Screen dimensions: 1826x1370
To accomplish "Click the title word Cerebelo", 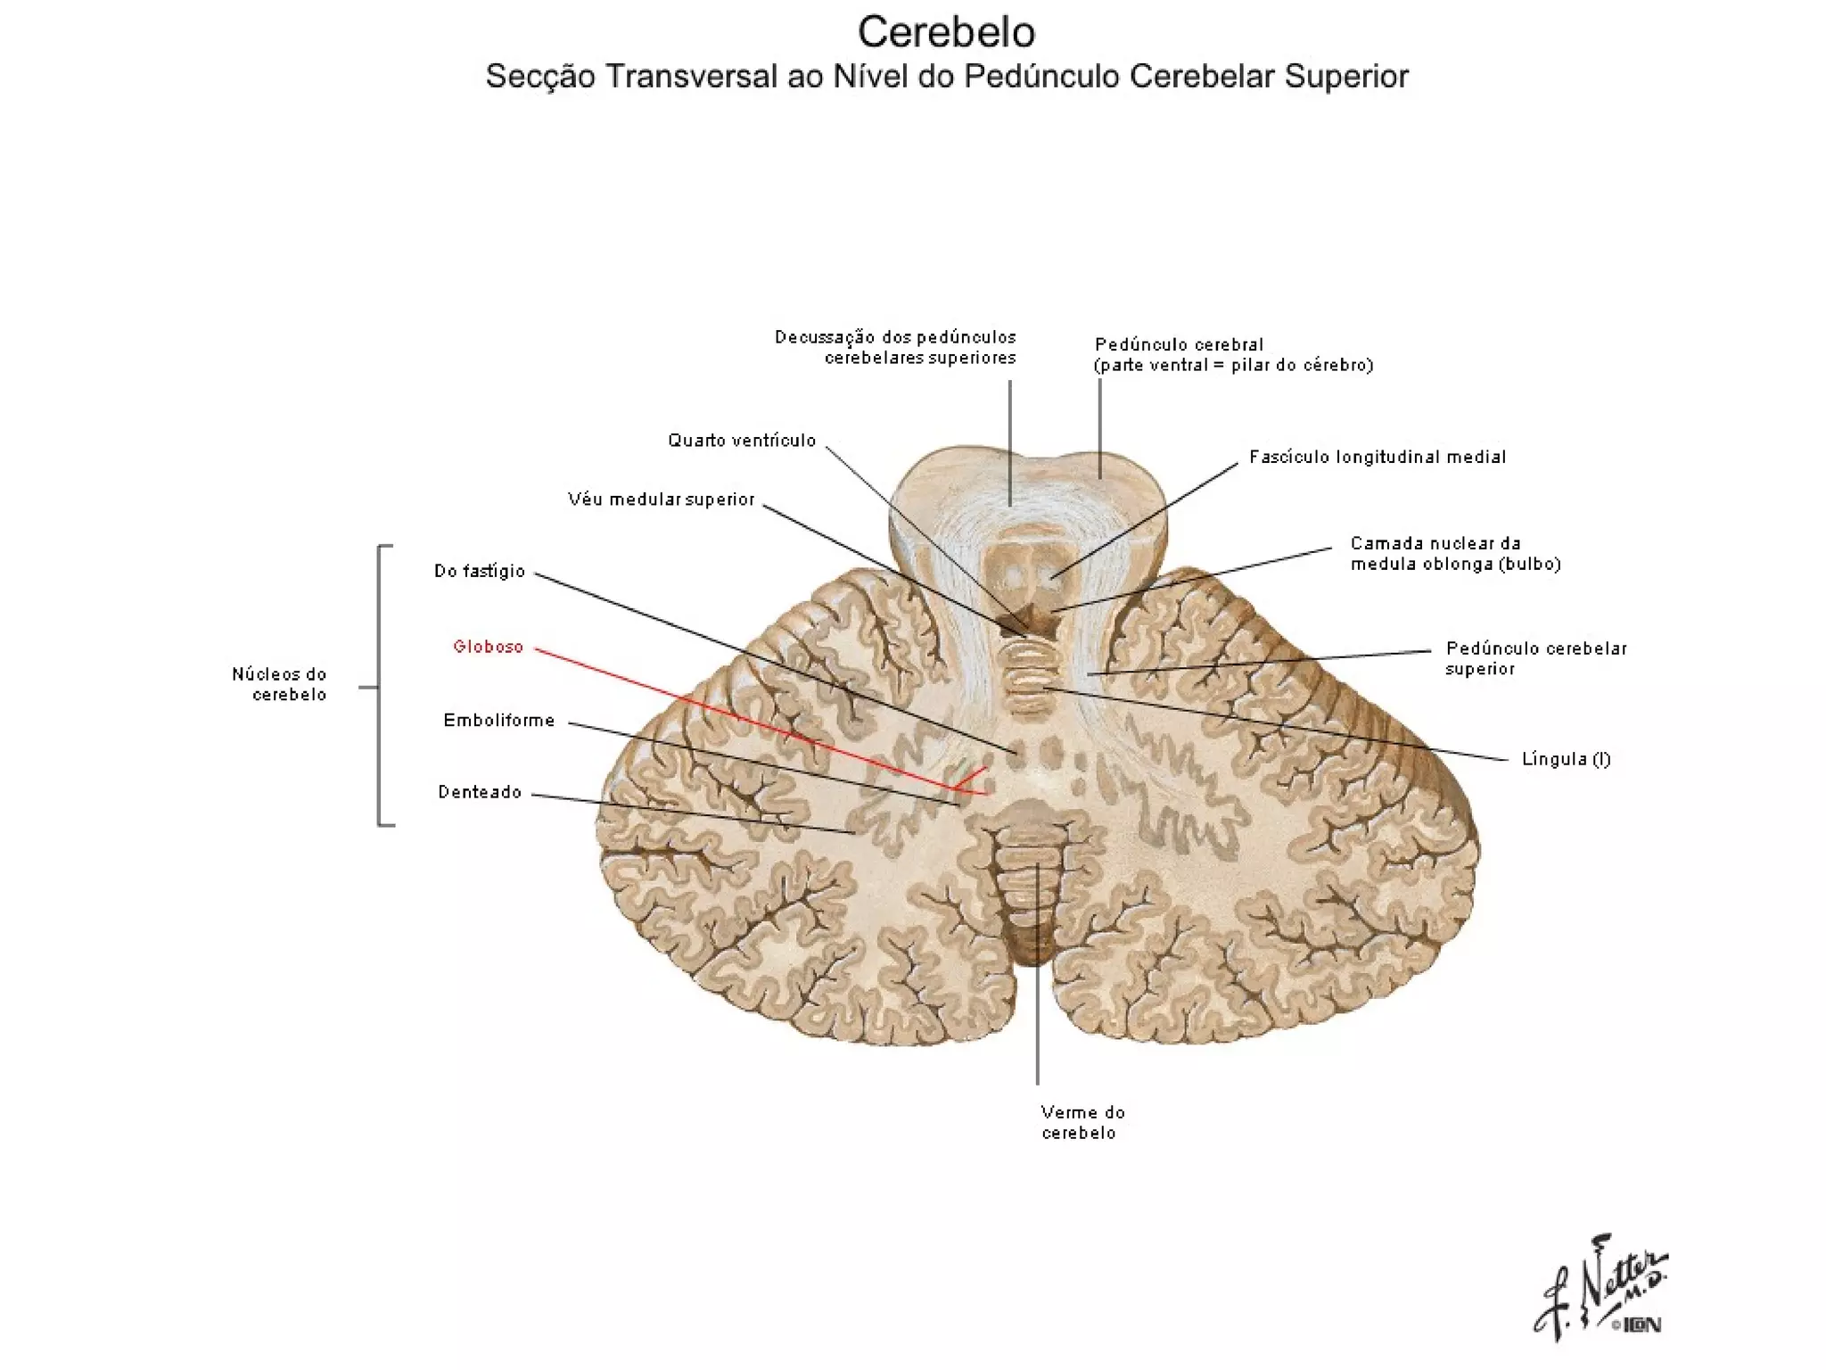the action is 946,33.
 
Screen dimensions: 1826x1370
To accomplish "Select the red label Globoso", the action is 488,647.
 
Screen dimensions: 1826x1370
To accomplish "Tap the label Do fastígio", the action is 480,571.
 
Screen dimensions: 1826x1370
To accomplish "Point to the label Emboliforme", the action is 499,720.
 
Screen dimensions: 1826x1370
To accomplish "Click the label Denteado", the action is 480,792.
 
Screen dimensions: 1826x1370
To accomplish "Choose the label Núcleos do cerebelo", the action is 280,684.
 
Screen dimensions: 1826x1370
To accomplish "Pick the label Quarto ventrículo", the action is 742,440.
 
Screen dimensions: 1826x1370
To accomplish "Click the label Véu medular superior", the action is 662,499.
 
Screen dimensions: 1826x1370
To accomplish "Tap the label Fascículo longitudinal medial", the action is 1378,457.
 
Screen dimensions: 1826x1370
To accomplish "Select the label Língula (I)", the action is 1566,759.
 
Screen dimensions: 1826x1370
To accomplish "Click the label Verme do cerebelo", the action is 1082,1122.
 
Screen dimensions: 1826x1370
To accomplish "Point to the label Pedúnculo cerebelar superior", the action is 1535,658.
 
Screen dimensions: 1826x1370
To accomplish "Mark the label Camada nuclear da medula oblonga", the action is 1455,553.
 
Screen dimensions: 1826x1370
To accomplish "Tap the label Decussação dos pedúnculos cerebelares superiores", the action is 895,347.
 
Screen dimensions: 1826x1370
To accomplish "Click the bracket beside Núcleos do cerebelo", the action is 381,685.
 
